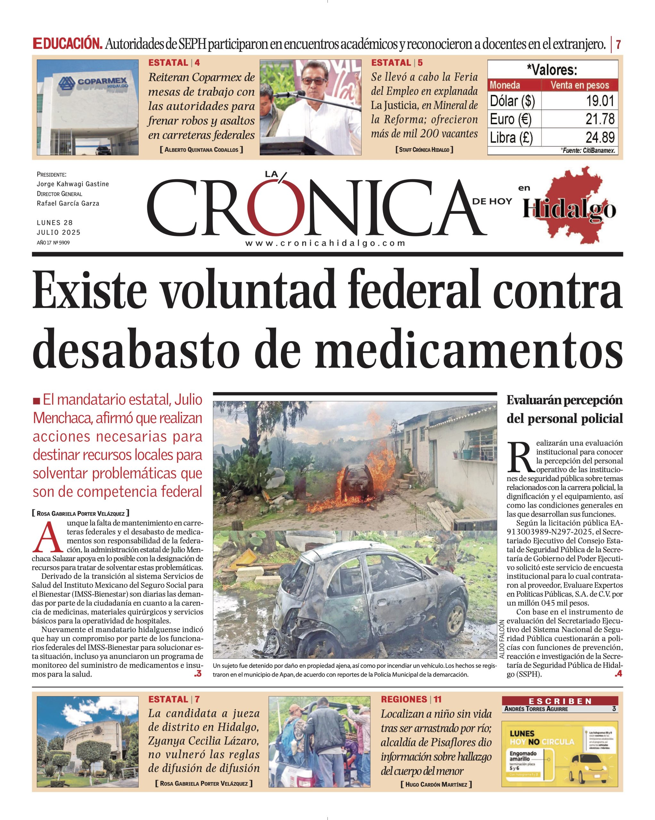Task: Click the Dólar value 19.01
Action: tap(600, 101)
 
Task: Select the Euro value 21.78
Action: tap(600, 119)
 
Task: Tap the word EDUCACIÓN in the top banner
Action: tap(67, 44)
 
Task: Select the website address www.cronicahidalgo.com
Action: tap(325, 243)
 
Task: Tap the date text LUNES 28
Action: tap(54, 223)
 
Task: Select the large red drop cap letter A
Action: tap(47, 538)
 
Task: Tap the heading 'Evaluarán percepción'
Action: tap(564, 400)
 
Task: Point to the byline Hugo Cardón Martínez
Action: tap(436, 784)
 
